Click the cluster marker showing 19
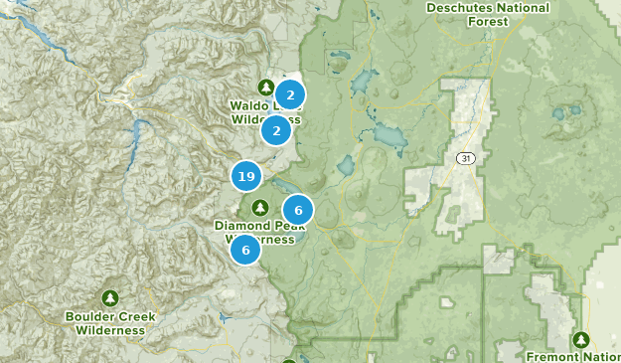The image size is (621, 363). pos(246,177)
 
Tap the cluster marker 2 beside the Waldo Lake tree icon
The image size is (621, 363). pos(289,95)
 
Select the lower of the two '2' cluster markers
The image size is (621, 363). pos(276,129)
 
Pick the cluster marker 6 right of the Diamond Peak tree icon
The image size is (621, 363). pos(297,210)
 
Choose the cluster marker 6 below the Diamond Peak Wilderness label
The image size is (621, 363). pos(245,249)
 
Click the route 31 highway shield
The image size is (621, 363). pos(465,158)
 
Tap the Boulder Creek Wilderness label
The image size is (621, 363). pos(110,323)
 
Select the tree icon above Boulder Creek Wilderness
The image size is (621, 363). pos(110,298)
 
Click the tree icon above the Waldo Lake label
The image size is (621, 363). pos(265,87)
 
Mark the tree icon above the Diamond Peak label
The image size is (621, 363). pos(260,207)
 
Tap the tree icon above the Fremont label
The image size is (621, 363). pos(582,339)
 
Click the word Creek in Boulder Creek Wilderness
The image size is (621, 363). pos(135,317)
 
